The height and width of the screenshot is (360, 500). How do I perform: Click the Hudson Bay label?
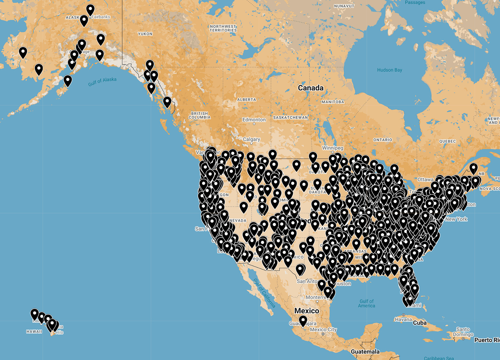click(x=389, y=70)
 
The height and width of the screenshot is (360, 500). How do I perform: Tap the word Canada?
click(x=310, y=88)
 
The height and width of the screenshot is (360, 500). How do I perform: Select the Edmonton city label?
click(x=254, y=120)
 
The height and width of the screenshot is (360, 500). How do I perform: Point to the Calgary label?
click(x=251, y=139)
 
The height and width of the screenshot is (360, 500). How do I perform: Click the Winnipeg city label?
click(x=332, y=148)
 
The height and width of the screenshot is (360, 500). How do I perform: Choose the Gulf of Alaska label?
click(x=102, y=81)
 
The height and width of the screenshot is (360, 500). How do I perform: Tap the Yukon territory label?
click(x=145, y=34)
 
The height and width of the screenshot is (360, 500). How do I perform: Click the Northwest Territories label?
click(x=223, y=28)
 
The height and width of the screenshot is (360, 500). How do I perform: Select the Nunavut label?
click(x=344, y=6)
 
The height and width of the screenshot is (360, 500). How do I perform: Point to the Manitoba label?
click(x=332, y=102)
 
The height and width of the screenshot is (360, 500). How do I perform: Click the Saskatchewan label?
click(x=291, y=118)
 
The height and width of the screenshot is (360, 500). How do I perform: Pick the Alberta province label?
click(x=247, y=100)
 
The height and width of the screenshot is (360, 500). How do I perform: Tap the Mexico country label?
click(x=307, y=311)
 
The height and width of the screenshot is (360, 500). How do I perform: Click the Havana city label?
click(x=403, y=320)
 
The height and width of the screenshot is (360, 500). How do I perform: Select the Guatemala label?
click(x=365, y=352)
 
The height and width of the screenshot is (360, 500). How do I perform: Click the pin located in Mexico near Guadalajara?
click(x=303, y=321)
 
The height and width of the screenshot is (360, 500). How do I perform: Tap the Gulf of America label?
click(x=366, y=303)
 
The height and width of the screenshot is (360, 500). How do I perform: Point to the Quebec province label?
click(x=447, y=141)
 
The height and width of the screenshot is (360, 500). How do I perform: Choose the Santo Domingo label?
click(x=463, y=332)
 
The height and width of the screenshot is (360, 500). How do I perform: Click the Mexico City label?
click(x=323, y=330)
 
